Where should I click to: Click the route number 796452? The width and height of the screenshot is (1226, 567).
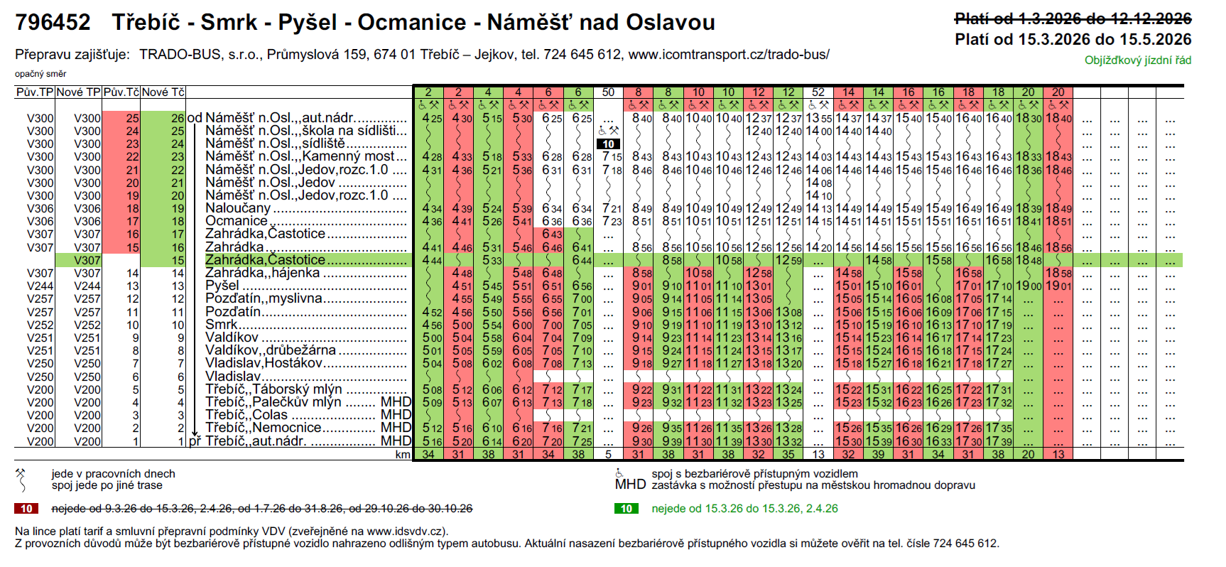pos(53,23)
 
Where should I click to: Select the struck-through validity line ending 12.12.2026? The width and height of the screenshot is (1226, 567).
pos(1073,19)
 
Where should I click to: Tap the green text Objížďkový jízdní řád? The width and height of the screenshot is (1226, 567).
pos(1137,60)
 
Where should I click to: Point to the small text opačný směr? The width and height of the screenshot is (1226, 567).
pos(40,74)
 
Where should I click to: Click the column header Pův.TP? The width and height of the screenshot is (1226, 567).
pos(35,92)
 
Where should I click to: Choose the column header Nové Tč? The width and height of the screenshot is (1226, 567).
pos(163,92)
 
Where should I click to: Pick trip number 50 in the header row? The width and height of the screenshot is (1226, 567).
pos(608,92)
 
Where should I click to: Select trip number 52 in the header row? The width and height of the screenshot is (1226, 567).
pos(818,92)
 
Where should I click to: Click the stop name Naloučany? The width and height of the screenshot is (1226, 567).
pos(238,208)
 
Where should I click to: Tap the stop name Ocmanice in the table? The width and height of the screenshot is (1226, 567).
pos(237,221)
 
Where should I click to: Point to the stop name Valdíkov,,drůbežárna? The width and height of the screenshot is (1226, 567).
pos(271,350)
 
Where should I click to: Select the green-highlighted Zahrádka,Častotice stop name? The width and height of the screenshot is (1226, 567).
pos(265,260)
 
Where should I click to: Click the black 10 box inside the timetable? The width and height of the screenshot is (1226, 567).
pos(609,144)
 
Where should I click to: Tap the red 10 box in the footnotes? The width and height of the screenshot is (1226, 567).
pos(26,509)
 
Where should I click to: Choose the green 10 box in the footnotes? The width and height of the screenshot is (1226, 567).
pos(626,509)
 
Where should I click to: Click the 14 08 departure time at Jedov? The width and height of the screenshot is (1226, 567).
pos(818,183)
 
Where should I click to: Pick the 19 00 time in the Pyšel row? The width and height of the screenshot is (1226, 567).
pos(1028,286)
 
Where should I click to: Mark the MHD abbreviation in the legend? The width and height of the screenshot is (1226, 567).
pos(630,485)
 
